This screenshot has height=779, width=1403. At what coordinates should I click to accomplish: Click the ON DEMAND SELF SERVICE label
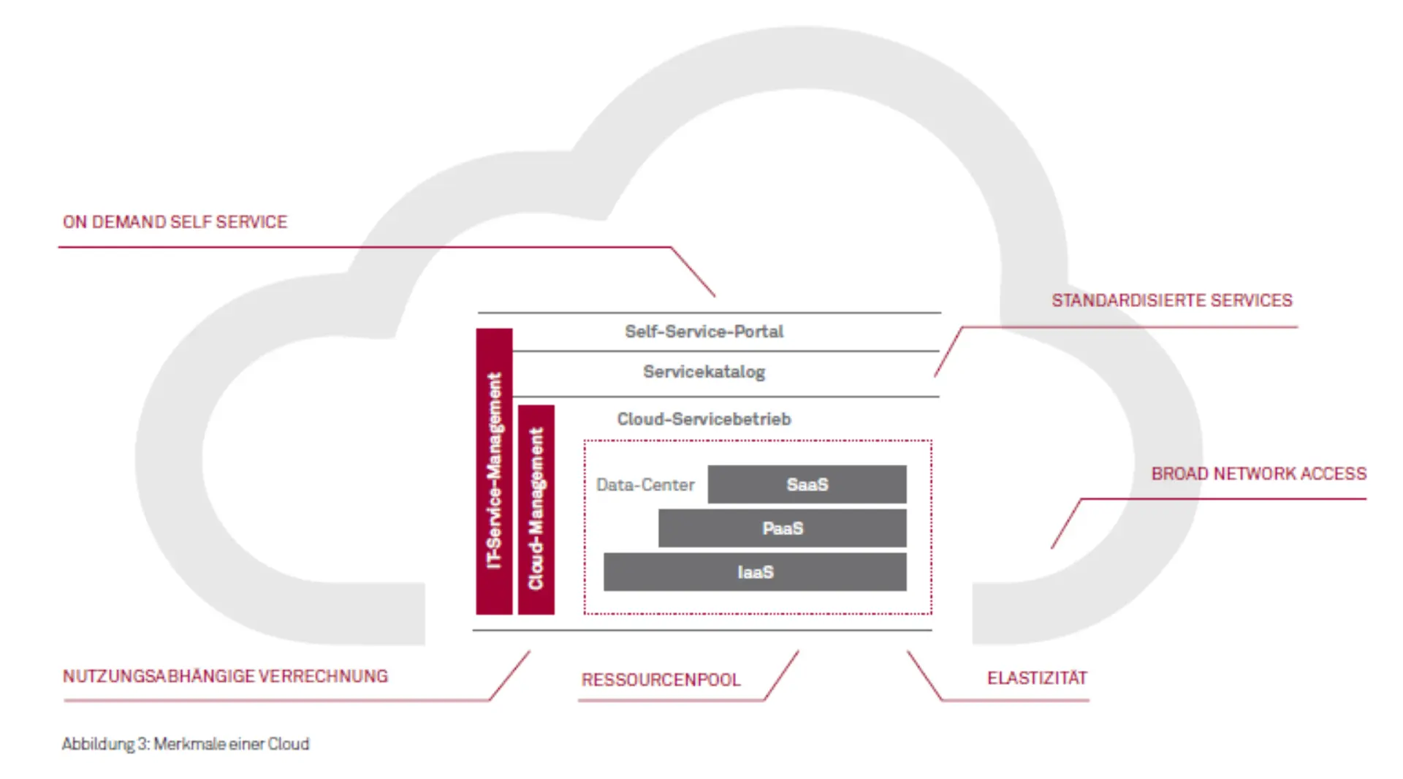click(175, 222)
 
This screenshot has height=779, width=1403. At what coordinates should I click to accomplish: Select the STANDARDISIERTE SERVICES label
click(1171, 300)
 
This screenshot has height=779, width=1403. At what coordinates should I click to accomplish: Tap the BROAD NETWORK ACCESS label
click(1258, 474)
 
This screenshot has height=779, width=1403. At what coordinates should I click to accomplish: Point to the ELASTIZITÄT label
click(1037, 678)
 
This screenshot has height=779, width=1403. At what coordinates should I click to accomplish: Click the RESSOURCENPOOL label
click(661, 680)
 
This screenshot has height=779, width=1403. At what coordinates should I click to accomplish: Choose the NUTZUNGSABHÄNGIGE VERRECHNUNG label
click(225, 677)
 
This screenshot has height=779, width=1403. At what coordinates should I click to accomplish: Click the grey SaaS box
click(807, 484)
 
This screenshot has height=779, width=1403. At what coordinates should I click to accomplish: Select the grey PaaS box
click(782, 528)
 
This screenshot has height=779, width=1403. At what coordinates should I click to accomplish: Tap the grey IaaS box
click(755, 572)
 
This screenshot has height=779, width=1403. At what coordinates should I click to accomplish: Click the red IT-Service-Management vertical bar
click(494, 471)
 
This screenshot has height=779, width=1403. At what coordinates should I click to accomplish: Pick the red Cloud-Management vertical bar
click(536, 509)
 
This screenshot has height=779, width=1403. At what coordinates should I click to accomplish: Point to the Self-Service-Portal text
click(704, 332)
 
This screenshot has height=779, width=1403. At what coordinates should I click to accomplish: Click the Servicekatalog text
click(704, 372)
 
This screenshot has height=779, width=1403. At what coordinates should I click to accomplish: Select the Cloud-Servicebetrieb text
click(704, 419)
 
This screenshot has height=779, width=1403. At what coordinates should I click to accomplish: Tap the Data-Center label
click(645, 485)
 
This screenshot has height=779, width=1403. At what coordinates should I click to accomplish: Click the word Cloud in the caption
click(289, 744)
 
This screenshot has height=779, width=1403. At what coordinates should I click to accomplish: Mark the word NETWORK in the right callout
click(1254, 474)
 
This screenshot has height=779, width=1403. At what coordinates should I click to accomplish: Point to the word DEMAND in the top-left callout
click(129, 222)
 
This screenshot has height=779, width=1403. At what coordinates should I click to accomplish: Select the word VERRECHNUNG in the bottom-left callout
click(323, 677)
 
